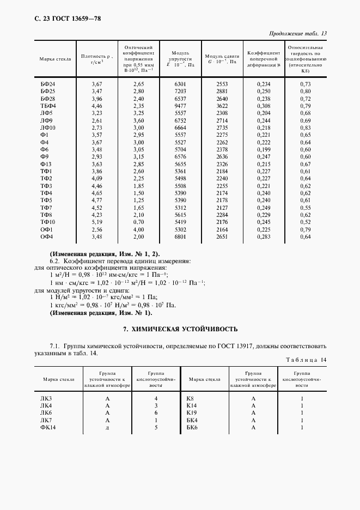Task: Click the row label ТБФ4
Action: pyautogui.click(x=48, y=105)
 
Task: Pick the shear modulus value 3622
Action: pyautogui.click(x=222, y=105)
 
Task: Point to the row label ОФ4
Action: pyautogui.click(x=47, y=236)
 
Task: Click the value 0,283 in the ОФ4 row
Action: pyautogui.click(x=264, y=236)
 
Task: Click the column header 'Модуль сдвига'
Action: pyautogui.click(x=222, y=59)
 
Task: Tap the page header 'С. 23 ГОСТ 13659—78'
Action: pyautogui.click(x=60, y=19)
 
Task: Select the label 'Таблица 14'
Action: pyautogui.click(x=307, y=360)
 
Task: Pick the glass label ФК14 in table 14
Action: pyautogui.click(x=48, y=428)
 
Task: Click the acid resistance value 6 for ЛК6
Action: pyautogui.click(x=156, y=414)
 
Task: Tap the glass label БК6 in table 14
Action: pyautogui.click(x=192, y=428)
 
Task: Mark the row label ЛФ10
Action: pyautogui.click(x=48, y=127)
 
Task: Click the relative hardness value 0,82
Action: pyautogui.click(x=306, y=98)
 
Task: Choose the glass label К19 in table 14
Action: pyautogui.click(x=191, y=414)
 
